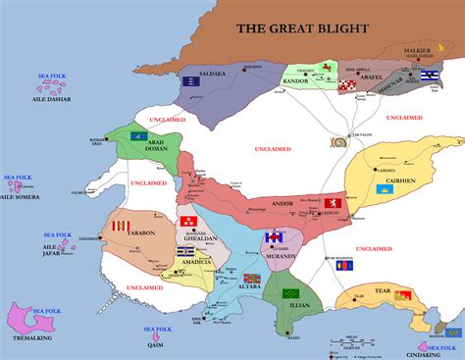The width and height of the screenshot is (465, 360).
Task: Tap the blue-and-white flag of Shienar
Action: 429,77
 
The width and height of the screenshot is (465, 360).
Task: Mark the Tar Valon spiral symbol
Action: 340,142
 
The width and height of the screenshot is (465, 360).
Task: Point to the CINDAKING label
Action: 435,353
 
